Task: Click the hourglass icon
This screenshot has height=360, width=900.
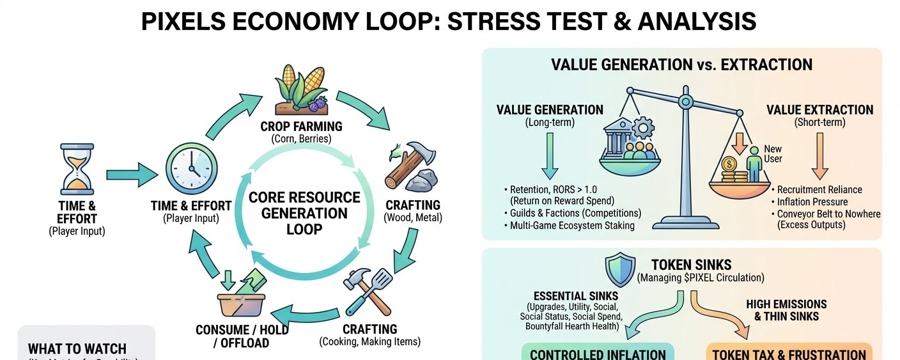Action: [76, 169]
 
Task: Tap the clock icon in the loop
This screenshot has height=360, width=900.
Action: [190, 164]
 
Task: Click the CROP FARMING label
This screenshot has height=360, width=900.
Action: [301, 126]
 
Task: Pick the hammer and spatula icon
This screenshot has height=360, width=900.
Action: [368, 291]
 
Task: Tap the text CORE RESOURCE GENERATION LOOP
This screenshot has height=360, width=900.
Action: [304, 213]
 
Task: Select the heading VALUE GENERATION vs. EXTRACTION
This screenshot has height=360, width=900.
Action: [681, 65]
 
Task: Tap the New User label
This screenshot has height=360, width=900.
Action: [773, 154]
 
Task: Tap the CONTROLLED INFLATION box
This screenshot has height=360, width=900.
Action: [598, 354]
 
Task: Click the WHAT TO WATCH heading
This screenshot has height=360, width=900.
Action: [77, 349]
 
